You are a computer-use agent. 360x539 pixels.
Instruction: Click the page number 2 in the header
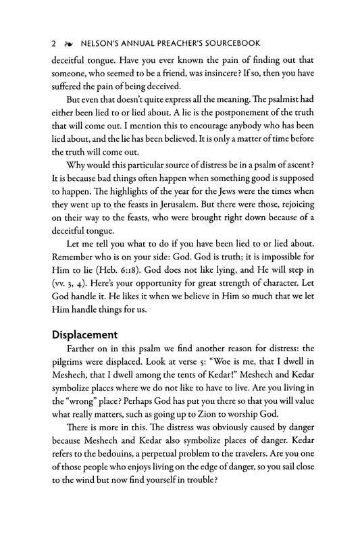pyautogui.click(x=53, y=42)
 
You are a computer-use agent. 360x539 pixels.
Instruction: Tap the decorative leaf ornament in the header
pyautogui.click(x=66, y=42)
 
